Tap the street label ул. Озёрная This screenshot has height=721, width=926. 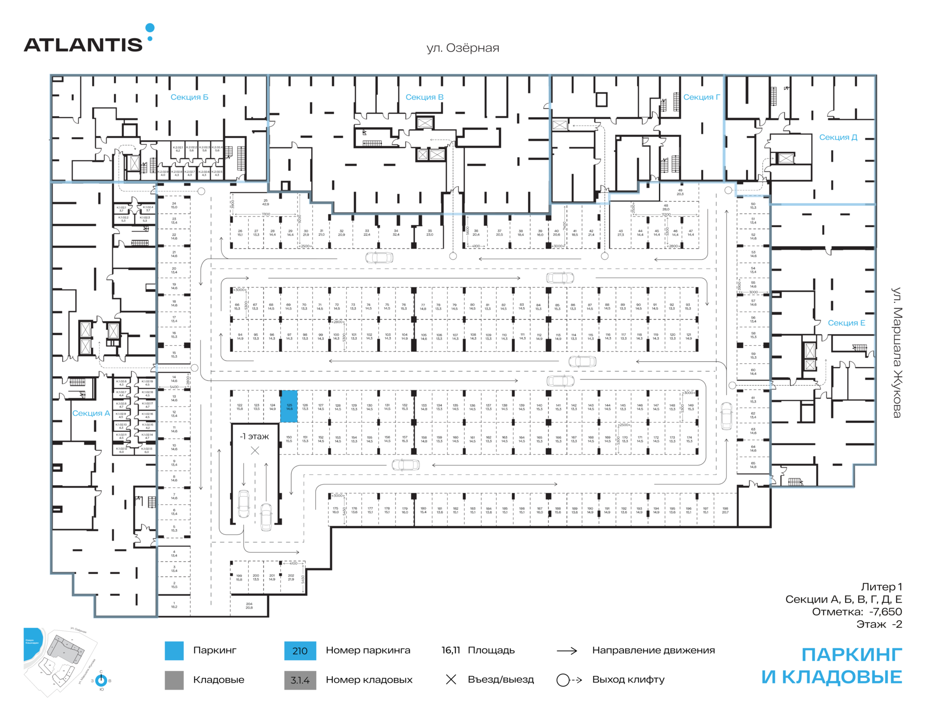463,48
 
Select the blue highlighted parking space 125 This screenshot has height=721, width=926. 289,407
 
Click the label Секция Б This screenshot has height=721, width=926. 189,97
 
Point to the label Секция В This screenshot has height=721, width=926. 424,97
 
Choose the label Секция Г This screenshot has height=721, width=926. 701,97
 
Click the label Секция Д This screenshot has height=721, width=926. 838,137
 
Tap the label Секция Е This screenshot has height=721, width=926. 846,323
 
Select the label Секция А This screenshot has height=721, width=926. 91,413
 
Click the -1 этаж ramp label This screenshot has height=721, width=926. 255,436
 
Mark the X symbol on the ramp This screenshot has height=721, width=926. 255,450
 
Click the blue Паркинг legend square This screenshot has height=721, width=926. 174,651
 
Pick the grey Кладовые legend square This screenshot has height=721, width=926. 174,680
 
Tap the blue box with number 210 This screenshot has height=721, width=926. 300,651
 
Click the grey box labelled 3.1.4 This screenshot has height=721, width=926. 300,680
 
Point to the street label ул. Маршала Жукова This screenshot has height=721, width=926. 897,353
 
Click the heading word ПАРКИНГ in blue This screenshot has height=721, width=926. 851,655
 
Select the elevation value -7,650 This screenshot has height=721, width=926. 885,612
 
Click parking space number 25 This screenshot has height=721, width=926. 265,202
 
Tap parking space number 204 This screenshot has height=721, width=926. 249,606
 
